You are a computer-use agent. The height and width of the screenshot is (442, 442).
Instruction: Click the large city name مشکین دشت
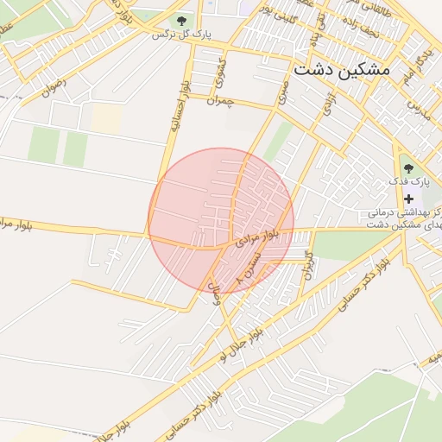coord(342,69)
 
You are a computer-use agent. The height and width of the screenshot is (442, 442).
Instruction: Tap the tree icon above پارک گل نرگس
coord(181,20)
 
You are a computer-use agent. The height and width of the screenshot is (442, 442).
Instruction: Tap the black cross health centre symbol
coord(408,199)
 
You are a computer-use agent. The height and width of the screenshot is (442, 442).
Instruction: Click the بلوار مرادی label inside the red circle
coord(259,236)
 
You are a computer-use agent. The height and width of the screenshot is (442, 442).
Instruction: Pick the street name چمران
coord(220,101)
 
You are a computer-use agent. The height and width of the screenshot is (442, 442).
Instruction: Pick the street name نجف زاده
coord(344,31)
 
